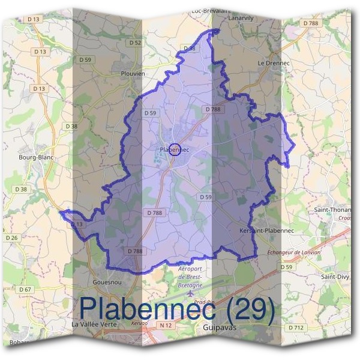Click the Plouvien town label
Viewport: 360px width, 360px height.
tap(132, 74)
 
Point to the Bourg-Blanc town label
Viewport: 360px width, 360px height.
tap(37, 157)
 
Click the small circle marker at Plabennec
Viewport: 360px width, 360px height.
tap(175, 149)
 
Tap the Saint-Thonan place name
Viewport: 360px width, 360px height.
tap(333, 210)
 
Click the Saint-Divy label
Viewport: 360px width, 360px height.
tap(335, 277)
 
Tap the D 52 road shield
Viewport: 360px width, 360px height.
tap(136, 43)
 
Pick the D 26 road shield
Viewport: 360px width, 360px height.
tap(12, 238)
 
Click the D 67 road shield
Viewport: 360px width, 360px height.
tap(25, 290)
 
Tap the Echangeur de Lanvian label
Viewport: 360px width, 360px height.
tap(293, 253)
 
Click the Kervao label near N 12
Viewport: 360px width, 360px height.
tap(139, 322)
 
